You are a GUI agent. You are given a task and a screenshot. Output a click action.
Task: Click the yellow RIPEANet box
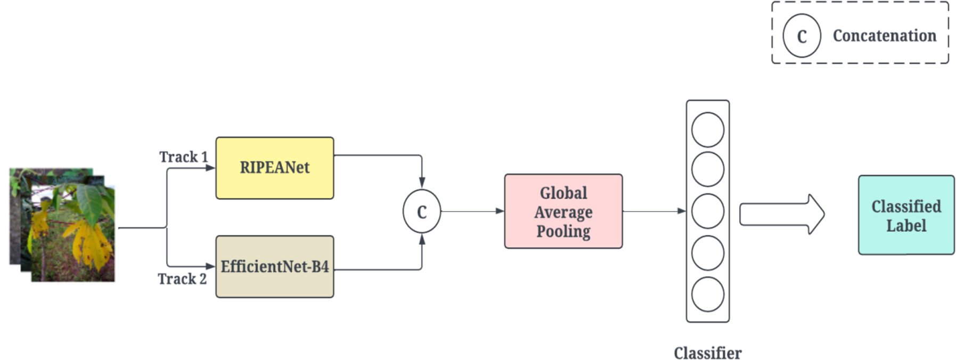click(x=274, y=168)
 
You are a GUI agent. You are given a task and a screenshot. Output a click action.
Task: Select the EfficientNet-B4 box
click(x=274, y=266)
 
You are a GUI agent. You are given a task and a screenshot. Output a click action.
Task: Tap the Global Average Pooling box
click(x=563, y=211)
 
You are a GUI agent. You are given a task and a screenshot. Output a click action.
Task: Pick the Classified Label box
click(x=906, y=215)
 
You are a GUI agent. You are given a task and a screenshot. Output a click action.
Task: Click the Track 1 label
click(x=183, y=157)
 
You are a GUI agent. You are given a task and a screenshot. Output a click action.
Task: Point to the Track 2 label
click(x=182, y=279)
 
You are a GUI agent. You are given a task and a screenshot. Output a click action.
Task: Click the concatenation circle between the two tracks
click(x=421, y=211)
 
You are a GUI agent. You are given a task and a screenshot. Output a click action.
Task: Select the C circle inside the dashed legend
click(x=802, y=36)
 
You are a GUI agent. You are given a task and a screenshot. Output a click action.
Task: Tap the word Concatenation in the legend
click(x=884, y=36)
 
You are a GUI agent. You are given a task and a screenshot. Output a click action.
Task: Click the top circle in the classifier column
click(x=707, y=129)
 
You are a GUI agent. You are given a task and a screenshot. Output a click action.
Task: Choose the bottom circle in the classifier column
click(x=707, y=294)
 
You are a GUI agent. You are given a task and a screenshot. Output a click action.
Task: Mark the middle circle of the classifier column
click(x=707, y=211)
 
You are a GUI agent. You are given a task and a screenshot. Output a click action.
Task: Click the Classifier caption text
click(x=707, y=353)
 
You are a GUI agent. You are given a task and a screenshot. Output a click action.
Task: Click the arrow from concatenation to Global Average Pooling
click(x=472, y=211)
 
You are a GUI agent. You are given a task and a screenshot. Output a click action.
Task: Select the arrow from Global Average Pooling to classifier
click(x=653, y=211)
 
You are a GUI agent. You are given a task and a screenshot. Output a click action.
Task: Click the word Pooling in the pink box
click(x=563, y=231)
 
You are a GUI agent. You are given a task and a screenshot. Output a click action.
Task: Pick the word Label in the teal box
click(x=906, y=225)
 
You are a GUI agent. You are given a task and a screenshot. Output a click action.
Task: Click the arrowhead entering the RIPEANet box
click(x=210, y=168)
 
